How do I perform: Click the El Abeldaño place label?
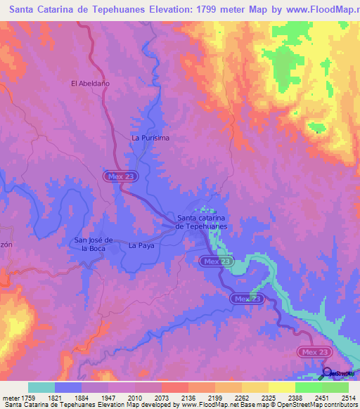(90, 83)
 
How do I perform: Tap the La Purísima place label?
(150, 138)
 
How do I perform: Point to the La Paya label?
(141, 246)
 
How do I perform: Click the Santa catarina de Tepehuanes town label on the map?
(201, 222)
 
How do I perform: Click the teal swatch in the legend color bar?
(41, 387)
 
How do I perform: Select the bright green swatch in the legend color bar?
(308, 387)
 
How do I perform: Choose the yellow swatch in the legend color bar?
(281, 387)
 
